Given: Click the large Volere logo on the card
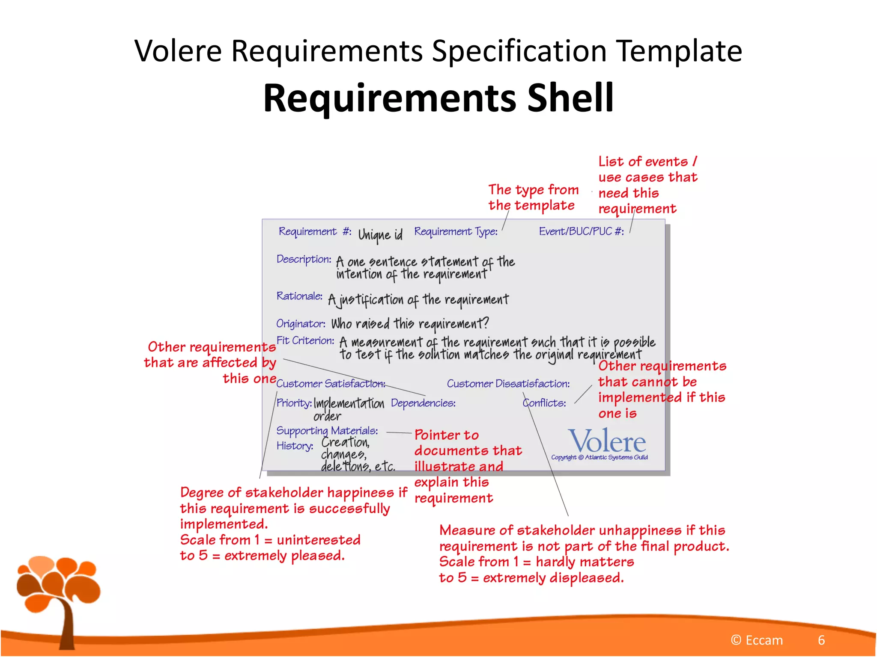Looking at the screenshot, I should pyautogui.click(x=607, y=441).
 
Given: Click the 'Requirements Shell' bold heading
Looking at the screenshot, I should pyautogui.click(x=438, y=98).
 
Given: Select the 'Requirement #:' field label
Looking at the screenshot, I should pyautogui.click(x=315, y=231).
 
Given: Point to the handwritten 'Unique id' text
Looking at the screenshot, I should pyautogui.click(x=380, y=234).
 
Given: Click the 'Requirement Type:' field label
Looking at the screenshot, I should pyautogui.click(x=456, y=231).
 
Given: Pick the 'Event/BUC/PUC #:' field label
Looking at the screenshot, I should pyautogui.click(x=581, y=231).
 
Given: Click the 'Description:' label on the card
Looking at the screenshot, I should pyautogui.click(x=304, y=259).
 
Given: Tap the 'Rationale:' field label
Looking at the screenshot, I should pyautogui.click(x=299, y=296).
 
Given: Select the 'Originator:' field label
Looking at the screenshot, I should pyautogui.click(x=301, y=324).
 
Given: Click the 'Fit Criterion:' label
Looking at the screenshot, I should pyautogui.click(x=305, y=340).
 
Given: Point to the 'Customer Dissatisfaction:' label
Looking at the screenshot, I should pyautogui.click(x=508, y=384).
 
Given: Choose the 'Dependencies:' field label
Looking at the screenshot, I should pyautogui.click(x=423, y=403).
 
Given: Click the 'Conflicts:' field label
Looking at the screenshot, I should pyautogui.click(x=544, y=403).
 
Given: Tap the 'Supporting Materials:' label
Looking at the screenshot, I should pyautogui.click(x=327, y=430).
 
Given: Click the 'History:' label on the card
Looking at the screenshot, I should pyautogui.click(x=295, y=446).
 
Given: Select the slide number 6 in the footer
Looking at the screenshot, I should pyautogui.click(x=821, y=640).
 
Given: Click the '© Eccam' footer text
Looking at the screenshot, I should pyautogui.click(x=757, y=640).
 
